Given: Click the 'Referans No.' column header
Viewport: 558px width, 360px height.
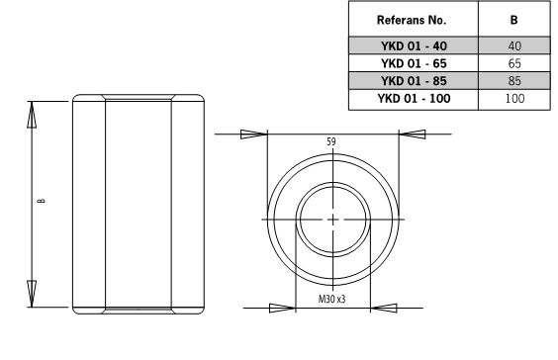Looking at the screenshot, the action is pos(412,20).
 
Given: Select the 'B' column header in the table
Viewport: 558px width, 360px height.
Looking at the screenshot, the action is pos(513,20).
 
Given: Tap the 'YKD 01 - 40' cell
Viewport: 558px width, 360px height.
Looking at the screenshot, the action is pos(414,45).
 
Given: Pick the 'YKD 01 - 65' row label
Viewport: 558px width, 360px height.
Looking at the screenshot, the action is pos(414,63).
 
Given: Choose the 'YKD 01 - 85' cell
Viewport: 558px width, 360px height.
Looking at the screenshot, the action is pos(414,81).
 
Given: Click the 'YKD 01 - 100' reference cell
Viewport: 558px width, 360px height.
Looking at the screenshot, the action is pos(414,98).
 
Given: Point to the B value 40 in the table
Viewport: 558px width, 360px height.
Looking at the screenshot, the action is pos(514,45).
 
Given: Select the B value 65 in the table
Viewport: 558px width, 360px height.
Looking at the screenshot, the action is pos(514,63).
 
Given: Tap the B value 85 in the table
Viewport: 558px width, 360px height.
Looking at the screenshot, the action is pos(514,81).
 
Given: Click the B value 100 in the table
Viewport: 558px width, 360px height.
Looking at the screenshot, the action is pos(514,98).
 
